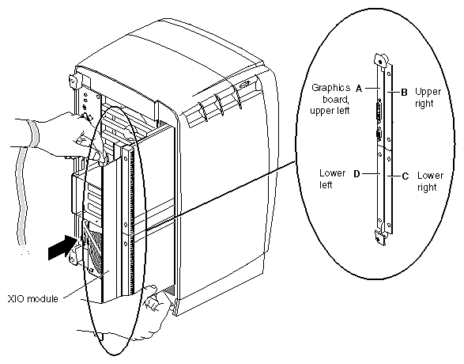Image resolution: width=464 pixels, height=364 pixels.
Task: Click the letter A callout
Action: pyautogui.click(x=359, y=89)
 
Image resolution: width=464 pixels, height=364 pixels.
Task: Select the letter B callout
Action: pyautogui.click(x=404, y=93)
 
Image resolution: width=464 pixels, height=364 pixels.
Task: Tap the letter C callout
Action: pyautogui.click(x=406, y=176)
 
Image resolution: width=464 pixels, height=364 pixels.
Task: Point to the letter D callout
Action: pyautogui.click(x=356, y=174)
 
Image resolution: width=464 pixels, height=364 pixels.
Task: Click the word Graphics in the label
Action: pyautogui.click(x=331, y=88)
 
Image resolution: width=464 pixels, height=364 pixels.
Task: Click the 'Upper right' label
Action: pyautogui.click(x=428, y=97)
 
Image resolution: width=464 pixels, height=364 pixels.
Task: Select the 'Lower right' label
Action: pyautogui.click(x=430, y=181)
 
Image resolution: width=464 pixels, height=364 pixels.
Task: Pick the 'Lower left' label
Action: pyautogui.click(x=332, y=179)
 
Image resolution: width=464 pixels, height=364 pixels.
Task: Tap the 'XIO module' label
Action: pyautogui.click(x=33, y=299)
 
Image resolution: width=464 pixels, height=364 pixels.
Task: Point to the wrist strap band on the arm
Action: pyautogui.click(x=34, y=134)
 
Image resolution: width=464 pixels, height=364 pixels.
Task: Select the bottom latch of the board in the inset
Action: pyautogui.click(x=380, y=237)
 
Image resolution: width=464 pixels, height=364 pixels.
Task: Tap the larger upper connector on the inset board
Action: pyautogui.click(x=379, y=112)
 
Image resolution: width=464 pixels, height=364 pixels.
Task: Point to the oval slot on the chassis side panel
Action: pyautogui.click(x=245, y=85)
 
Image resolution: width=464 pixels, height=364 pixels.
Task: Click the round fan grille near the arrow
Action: pyautogui.click(x=93, y=248)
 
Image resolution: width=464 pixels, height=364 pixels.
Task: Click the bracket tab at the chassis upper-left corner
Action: pyautogui.click(x=74, y=81)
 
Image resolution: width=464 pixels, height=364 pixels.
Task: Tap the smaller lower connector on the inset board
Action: pyautogui.click(x=378, y=135)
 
